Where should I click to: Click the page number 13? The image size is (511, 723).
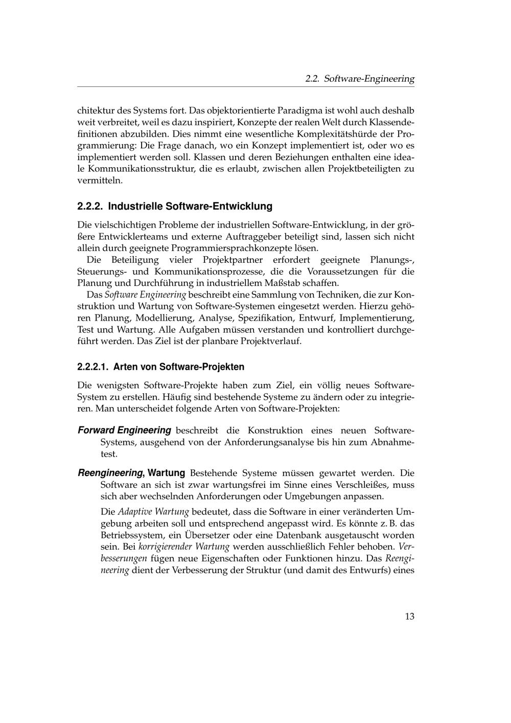point(409,616)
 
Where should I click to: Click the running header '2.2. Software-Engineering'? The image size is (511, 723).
point(359,79)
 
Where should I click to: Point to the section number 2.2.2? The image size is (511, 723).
point(90,207)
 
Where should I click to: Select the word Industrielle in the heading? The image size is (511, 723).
point(136,207)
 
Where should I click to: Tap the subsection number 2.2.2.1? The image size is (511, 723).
point(93,367)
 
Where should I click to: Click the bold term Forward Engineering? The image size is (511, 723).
point(124,430)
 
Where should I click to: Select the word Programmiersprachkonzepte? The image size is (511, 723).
point(226,248)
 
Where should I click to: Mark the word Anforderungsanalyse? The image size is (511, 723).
point(269,442)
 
